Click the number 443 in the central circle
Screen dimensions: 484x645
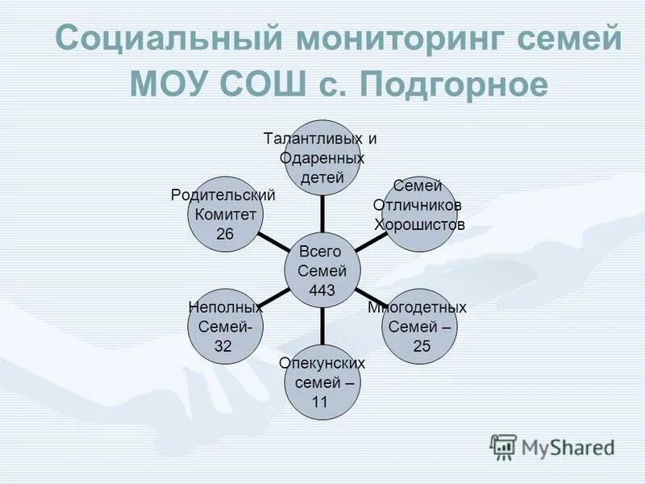(322, 290)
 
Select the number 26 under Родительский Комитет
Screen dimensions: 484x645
(224, 233)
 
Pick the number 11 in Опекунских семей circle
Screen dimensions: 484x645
(319, 402)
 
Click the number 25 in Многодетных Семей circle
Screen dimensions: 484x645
(422, 346)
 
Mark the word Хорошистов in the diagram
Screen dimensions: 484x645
(420, 224)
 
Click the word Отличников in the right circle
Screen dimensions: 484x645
(418, 206)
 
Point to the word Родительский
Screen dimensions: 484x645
(223, 195)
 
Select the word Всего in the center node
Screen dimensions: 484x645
(320, 251)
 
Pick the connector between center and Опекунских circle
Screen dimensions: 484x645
(322, 330)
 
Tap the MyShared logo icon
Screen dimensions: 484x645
(503, 447)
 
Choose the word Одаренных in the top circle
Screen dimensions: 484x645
(322, 157)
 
